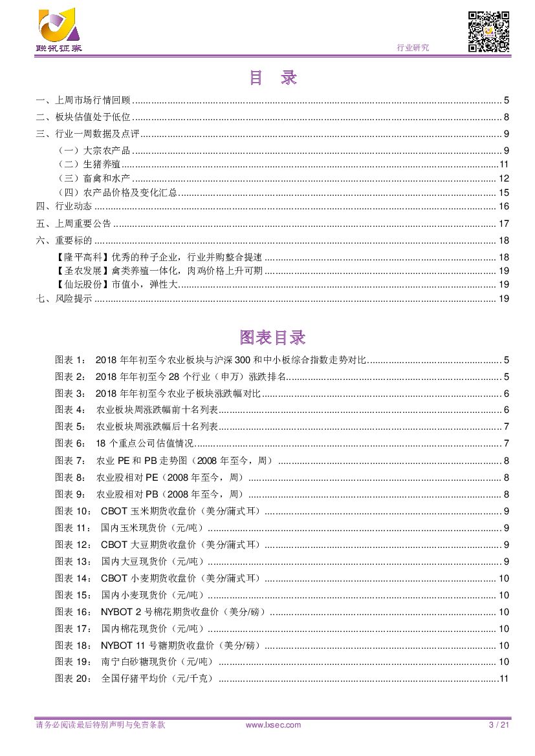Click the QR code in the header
coord(488,31)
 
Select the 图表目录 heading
coord(272,337)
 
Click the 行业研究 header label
coord(413,48)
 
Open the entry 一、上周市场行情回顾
coord(83,100)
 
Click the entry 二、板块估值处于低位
coord(83,117)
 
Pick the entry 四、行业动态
coord(64,207)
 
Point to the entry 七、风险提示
coord(64,299)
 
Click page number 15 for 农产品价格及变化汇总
coord(504,193)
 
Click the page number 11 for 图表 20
coord(505,678)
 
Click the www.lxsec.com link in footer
coord(274,725)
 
